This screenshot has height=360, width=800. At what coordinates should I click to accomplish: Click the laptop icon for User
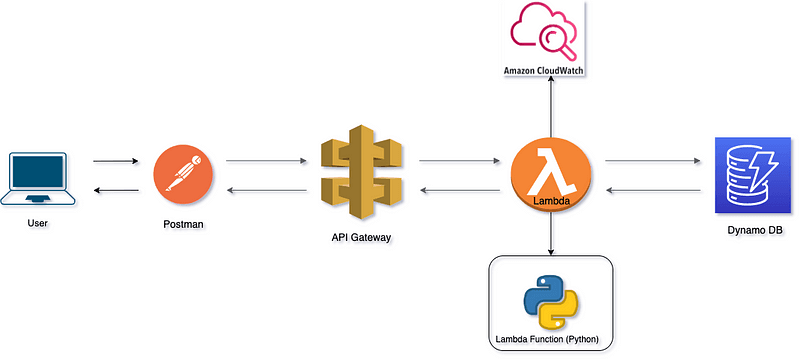tap(37, 178)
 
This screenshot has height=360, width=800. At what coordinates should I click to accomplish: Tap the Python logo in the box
tap(550, 301)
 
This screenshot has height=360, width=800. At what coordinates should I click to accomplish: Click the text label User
tap(37, 223)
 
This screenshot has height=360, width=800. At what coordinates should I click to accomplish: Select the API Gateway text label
tap(362, 238)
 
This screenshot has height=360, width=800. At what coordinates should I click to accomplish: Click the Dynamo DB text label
tap(755, 232)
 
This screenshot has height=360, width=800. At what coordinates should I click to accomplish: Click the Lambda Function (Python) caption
tap(550, 340)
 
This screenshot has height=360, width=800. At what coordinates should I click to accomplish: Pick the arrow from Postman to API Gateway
tap(265, 161)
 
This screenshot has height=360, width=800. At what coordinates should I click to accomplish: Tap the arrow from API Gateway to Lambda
tap(458, 161)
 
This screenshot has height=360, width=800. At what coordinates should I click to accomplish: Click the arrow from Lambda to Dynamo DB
tap(650, 161)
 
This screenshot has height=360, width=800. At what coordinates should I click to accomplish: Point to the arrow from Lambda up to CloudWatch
tap(550, 110)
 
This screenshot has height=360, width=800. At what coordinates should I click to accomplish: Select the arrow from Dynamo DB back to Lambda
tap(650, 191)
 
